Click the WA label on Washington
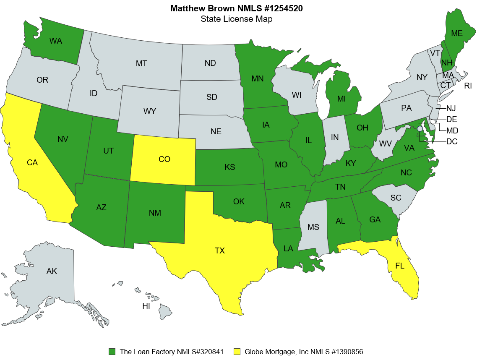[55, 41]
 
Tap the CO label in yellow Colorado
[164, 159]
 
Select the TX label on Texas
[220, 251]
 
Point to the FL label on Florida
[400, 266]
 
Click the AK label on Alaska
[52, 271]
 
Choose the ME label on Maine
[456, 33]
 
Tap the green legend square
[112, 352]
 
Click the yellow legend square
[237, 352]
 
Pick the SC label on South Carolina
[396, 198]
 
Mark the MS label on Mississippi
[313, 227]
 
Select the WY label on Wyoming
[150, 112]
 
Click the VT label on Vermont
[435, 53]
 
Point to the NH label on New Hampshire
[447, 63]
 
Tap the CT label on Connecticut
[446, 85]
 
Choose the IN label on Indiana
[334, 138]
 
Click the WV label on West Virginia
[385, 144]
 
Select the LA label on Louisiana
[288, 249]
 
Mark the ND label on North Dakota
[210, 63]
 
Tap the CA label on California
[32, 163]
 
